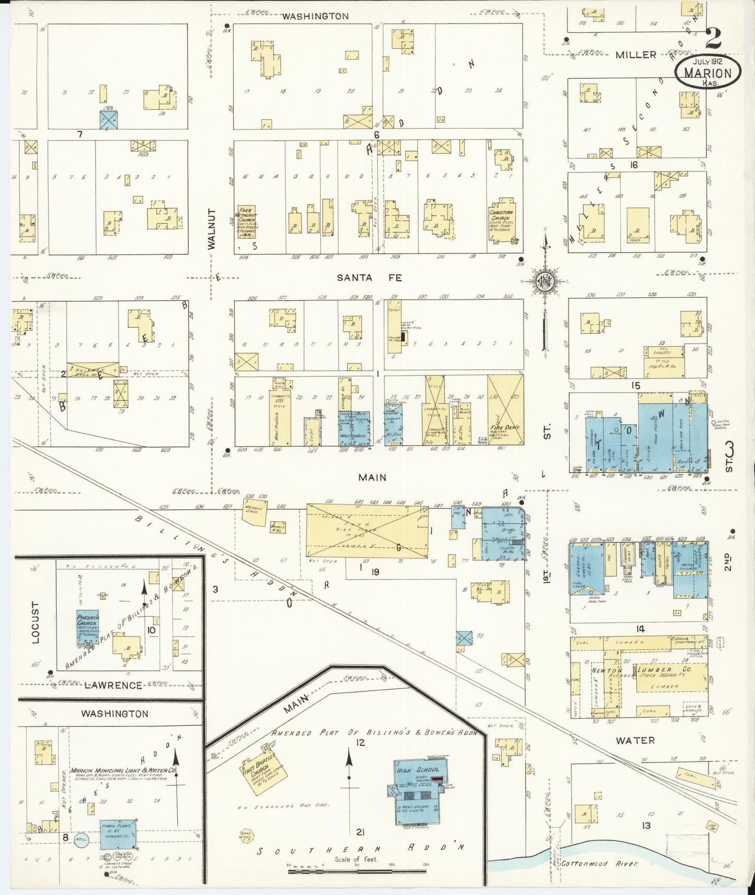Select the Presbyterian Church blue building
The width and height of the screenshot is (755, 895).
pos(87,627)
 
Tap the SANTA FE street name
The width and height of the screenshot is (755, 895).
pos(362,278)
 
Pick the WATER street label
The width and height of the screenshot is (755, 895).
pos(635,740)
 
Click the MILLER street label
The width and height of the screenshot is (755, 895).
pos(635,54)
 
